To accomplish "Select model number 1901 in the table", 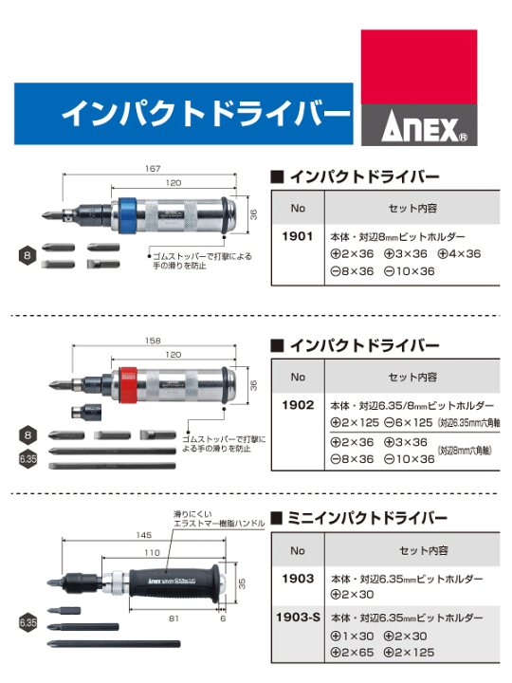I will coord(298,239).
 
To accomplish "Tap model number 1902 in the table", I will coord(298,404).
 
